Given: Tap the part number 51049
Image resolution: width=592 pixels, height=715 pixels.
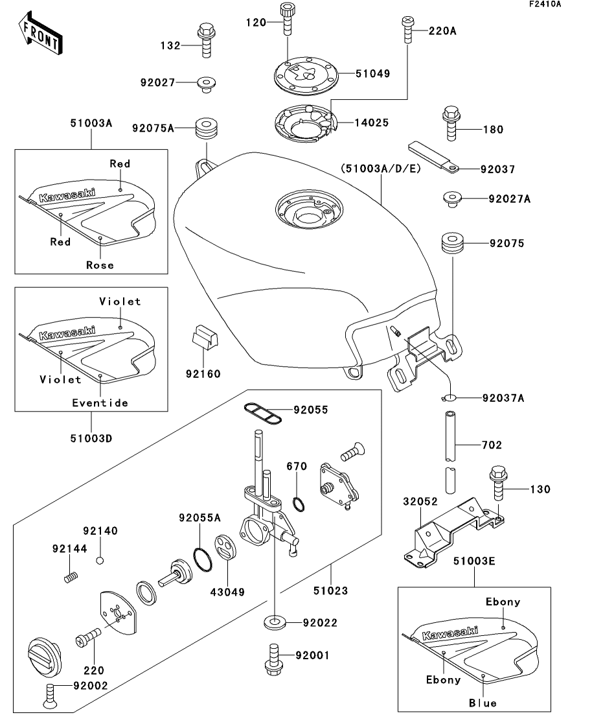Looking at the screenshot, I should coord(372,74).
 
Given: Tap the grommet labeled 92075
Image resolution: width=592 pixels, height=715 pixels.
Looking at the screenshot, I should coord(452,244).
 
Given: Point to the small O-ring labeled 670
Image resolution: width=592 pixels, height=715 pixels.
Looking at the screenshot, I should coord(298,503).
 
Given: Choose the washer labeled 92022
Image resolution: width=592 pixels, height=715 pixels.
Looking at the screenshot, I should coord(275,624).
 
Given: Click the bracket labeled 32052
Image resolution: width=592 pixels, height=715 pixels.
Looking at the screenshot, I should coord(453,532).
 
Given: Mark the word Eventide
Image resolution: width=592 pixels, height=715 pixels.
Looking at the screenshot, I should coord(100,403).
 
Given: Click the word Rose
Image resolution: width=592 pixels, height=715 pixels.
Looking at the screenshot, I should coord(100,265).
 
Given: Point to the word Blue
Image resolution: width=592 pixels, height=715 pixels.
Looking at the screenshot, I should coord(483,703).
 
